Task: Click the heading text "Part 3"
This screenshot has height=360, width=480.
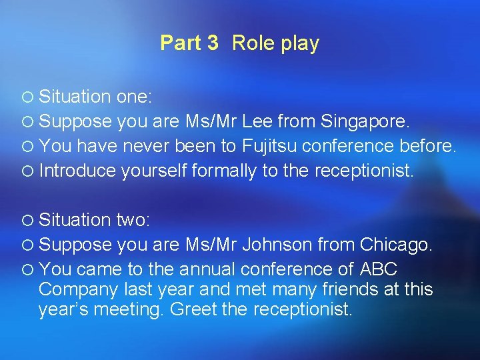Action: click(189, 43)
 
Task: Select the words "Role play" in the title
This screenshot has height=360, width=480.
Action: click(276, 43)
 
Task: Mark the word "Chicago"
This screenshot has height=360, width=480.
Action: click(395, 245)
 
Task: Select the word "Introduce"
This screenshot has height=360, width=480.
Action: click(78, 171)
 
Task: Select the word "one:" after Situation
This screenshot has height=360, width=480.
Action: click(135, 97)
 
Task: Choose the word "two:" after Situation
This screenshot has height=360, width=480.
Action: click(135, 220)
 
